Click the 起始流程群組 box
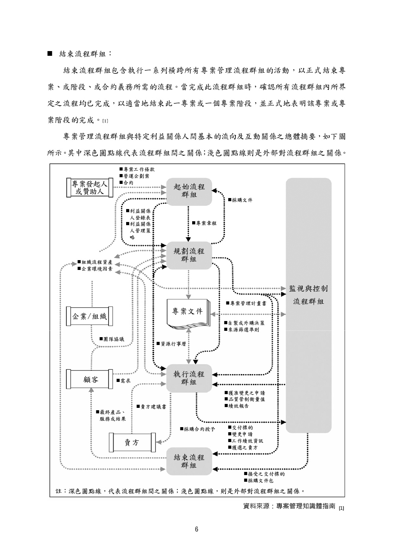click(x=189, y=190)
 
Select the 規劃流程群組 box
click(x=189, y=255)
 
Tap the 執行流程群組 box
click(x=189, y=378)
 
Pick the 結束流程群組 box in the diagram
click(x=189, y=461)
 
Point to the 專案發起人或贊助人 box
click(x=89, y=187)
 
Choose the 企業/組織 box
click(x=89, y=316)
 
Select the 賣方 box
click(x=132, y=442)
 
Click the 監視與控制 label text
click(x=309, y=289)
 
